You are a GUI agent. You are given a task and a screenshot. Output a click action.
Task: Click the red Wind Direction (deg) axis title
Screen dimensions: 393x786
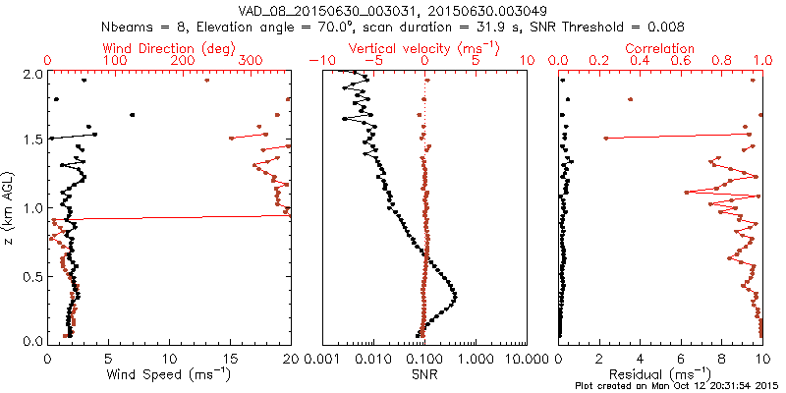170,48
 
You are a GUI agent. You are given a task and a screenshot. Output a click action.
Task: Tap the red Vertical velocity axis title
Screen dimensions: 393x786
424,48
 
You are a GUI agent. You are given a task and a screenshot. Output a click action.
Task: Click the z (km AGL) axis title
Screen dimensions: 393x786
10,206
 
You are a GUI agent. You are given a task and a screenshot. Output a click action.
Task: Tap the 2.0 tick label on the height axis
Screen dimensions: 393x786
33,74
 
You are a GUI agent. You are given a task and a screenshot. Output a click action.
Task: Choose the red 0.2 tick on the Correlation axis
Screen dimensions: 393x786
599,61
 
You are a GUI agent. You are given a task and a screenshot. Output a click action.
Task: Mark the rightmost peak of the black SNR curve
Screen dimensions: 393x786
456,296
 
